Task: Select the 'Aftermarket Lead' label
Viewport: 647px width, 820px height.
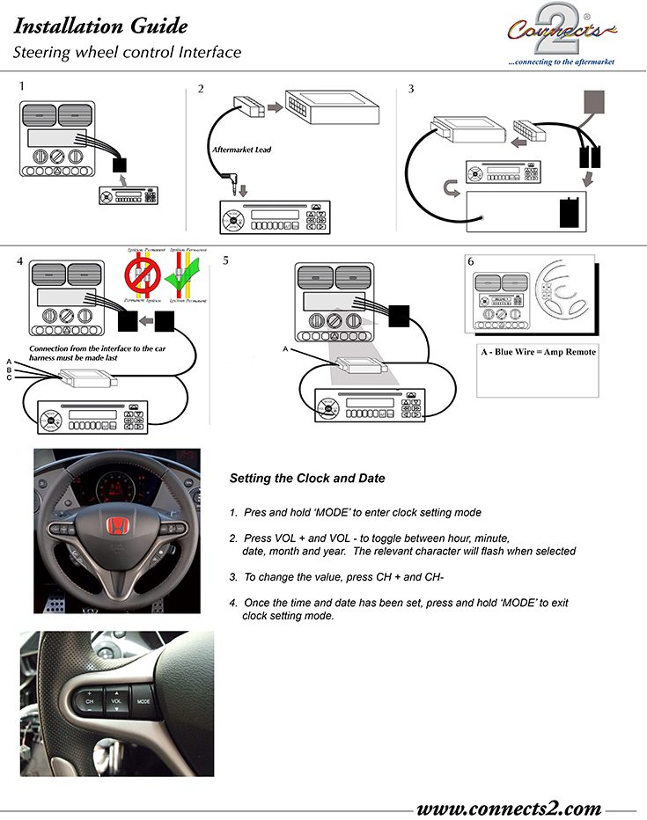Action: click(241, 150)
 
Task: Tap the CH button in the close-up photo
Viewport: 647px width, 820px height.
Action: click(90, 701)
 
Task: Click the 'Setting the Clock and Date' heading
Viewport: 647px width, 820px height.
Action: click(307, 479)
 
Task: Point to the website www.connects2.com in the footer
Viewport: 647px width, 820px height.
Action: click(508, 808)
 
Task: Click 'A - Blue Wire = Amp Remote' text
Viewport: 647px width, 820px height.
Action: click(536, 352)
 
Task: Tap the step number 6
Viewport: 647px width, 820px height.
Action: click(471, 261)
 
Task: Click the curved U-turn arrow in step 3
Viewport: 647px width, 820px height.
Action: click(452, 187)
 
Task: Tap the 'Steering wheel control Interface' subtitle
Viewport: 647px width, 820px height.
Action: click(127, 53)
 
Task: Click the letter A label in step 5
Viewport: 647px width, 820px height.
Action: click(284, 349)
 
